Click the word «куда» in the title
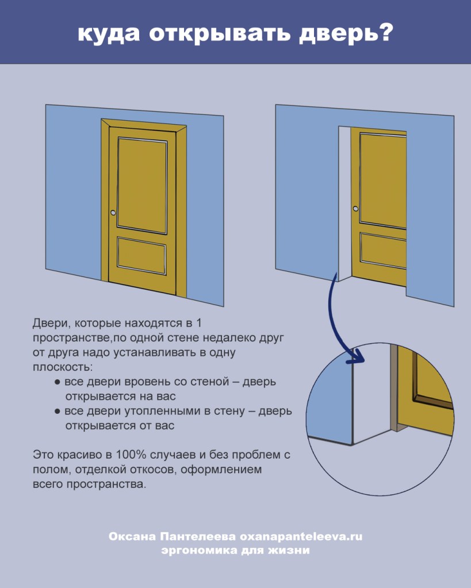pos(109,34)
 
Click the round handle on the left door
pos(113,213)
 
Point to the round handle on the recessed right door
pos(356,209)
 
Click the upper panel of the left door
pos(142,185)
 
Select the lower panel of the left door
pos(141,255)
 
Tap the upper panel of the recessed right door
pos(383,180)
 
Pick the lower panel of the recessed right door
pos(383,250)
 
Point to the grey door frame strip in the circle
pos(394,388)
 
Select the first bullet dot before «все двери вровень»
pos(58,382)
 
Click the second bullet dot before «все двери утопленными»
pos(58,412)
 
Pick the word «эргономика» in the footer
pos(194,551)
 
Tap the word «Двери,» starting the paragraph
pos(51,323)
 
